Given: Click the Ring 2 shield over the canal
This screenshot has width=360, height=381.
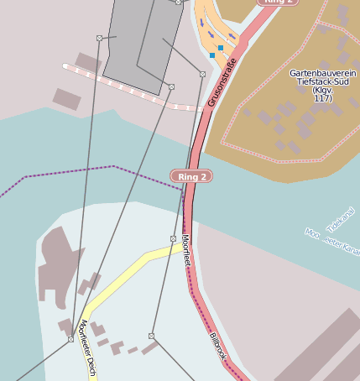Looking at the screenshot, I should (x=190, y=176).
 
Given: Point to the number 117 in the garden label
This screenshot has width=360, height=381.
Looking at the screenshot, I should (x=321, y=98).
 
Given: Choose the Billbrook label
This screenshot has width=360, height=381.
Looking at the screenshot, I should (x=218, y=347).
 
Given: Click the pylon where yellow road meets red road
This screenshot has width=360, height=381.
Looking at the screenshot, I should (x=174, y=239).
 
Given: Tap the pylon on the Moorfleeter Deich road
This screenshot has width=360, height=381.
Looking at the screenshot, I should (x=70, y=339).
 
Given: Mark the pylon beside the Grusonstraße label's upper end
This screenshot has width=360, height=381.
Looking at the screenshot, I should (x=202, y=75).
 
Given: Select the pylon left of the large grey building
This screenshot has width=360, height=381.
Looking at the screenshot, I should (x=99, y=38).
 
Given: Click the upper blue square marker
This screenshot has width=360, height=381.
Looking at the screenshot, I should (x=221, y=48).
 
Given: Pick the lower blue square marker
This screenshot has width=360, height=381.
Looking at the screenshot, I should (x=212, y=55).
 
